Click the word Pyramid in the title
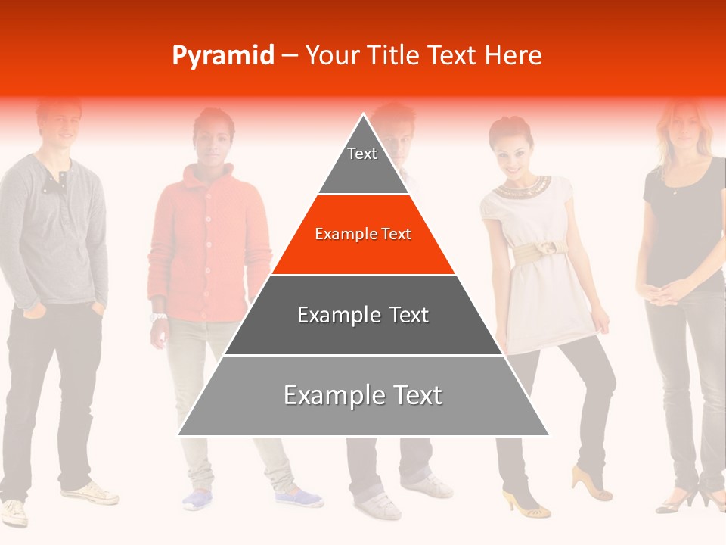(223, 56)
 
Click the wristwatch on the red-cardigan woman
(158, 317)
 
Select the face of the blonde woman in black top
(683, 125)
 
